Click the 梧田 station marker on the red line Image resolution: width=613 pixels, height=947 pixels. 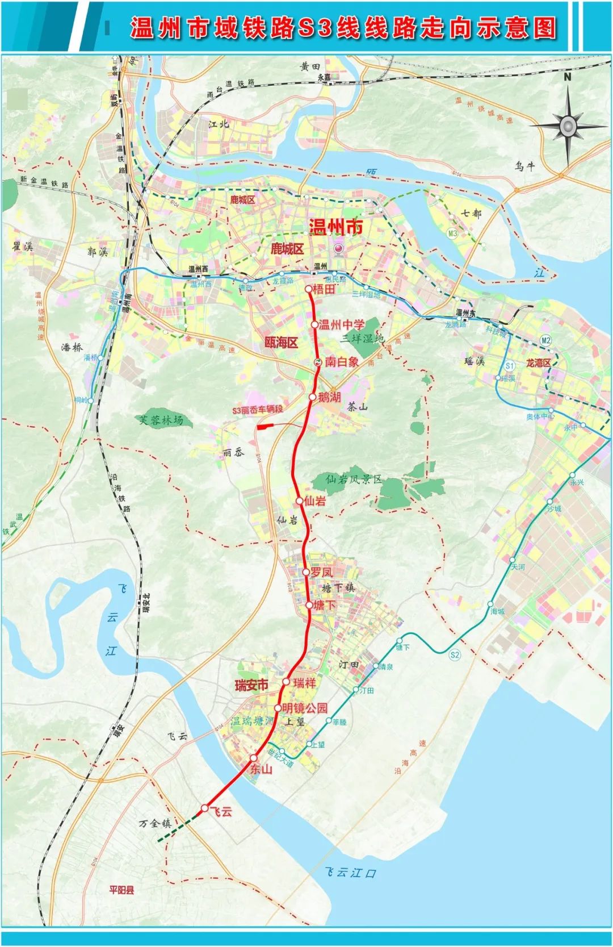[x=309, y=289]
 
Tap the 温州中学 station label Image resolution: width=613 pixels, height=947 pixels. [x=341, y=325]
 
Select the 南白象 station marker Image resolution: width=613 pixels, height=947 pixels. [x=318, y=362]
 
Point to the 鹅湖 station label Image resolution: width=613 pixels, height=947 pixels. [x=329, y=397]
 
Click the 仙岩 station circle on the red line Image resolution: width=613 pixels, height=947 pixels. [x=300, y=500]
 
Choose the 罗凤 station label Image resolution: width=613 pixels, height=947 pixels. [x=321, y=572]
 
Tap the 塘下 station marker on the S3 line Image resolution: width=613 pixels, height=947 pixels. [x=309, y=605]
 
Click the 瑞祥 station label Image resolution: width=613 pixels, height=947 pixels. [x=304, y=682]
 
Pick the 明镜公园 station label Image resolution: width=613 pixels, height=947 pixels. [x=305, y=708]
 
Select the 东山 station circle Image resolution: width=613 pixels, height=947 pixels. [x=254, y=757]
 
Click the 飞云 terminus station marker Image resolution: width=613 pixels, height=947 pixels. [x=205, y=808]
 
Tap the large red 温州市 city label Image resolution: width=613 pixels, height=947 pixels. [x=336, y=227]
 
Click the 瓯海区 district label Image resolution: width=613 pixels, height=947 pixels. [x=282, y=343]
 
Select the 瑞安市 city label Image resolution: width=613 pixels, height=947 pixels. [x=251, y=685]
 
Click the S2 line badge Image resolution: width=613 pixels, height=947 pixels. [x=455, y=655]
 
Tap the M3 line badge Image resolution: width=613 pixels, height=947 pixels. [x=452, y=233]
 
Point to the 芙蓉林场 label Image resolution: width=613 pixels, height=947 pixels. [x=162, y=420]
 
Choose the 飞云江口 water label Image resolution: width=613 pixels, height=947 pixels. [x=350, y=873]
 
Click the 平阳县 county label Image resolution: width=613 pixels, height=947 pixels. [x=122, y=890]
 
